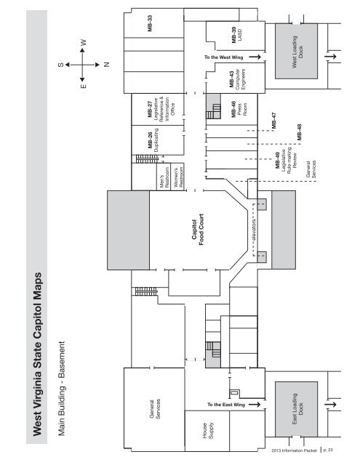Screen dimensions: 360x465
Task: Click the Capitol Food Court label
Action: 198,230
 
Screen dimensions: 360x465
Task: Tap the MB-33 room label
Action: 150,23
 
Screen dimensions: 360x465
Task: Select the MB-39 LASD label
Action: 236,35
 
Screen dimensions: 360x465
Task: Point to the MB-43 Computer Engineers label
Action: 237,79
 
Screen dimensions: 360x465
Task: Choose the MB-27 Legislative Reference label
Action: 161,109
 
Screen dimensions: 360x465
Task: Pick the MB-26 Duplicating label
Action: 153,140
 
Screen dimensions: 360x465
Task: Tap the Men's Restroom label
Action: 164,177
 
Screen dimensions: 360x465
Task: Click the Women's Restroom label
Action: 178,177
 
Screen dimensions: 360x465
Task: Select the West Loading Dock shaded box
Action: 296,52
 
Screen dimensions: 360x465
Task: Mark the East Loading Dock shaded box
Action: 296,409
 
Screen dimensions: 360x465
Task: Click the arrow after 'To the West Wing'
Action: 255,57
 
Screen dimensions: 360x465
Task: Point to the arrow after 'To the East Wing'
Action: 255,404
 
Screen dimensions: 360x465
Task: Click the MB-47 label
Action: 273,121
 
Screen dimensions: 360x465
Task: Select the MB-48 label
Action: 299,132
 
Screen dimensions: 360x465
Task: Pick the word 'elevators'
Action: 254,230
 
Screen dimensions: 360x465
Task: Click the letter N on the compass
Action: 107,65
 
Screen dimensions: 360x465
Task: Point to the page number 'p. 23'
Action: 328,450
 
